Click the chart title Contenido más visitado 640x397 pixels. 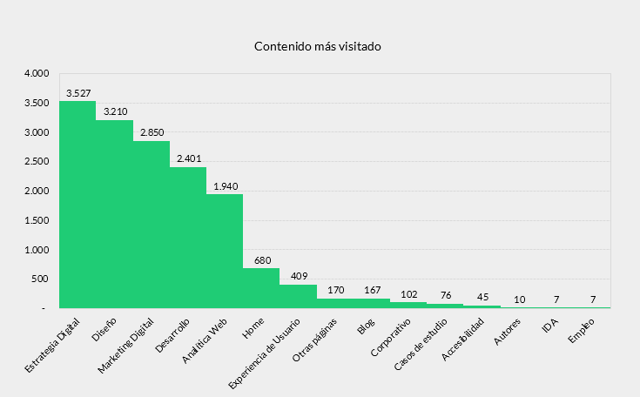pyautogui.click(x=317, y=46)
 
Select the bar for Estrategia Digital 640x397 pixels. pyautogui.click(x=77, y=205)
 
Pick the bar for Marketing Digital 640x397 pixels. pyautogui.click(x=152, y=225)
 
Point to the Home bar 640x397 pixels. pyautogui.click(x=261, y=288)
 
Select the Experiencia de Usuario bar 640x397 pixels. pyautogui.click(x=298, y=296)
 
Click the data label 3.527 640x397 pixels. pyautogui.click(x=78, y=93)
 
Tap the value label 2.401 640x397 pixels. pyautogui.click(x=188, y=158)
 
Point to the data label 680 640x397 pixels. pyautogui.click(x=262, y=260)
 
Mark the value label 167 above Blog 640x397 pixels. pyautogui.click(x=372, y=290)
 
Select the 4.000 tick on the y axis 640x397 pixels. pyautogui.click(x=37, y=74)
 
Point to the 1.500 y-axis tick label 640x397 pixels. pyautogui.click(x=37, y=220)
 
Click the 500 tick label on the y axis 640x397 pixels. pyautogui.click(x=40, y=279)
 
